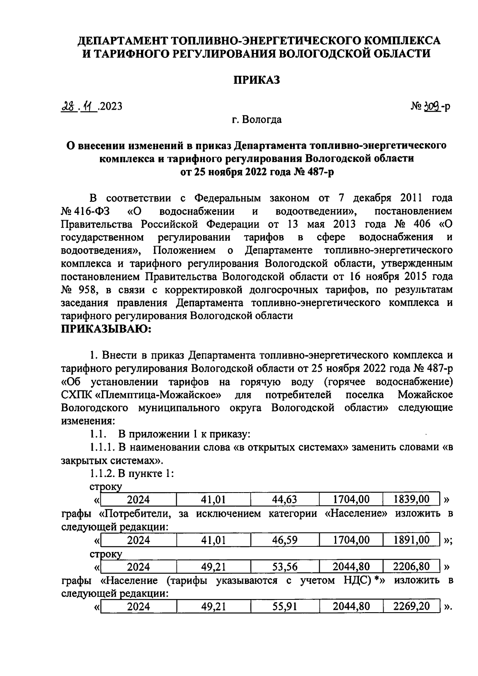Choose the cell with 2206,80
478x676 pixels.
pyautogui.click(x=411, y=567)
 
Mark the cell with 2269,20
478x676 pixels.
pyautogui.click(x=411, y=607)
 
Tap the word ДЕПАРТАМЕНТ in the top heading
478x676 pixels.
pyautogui.click(x=123, y=41)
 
